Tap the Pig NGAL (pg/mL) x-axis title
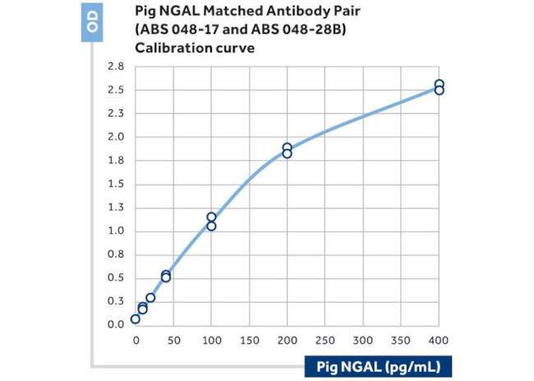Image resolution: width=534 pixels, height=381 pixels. click(380, 365)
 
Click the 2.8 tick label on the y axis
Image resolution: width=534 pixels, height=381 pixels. click(115, 67)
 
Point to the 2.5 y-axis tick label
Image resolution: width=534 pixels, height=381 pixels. click(115, 90)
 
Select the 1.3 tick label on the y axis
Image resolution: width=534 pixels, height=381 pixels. click(115, 208)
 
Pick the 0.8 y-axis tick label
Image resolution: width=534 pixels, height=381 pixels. click(115, 255)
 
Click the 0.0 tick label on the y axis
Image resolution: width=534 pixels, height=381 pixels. click(115, 325)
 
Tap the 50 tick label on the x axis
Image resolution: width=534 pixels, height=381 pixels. click(173, 339)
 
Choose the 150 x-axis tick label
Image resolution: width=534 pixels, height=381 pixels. click(249, 339)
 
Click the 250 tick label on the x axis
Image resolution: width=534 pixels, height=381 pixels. click(325, 339)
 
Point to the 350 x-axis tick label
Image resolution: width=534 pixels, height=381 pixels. click(400, 339)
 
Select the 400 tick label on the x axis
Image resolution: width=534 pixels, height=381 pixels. click(438, 339)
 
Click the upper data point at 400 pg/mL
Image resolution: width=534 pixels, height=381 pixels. click(440, 84)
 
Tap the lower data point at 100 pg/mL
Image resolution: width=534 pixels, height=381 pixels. click(211, 226)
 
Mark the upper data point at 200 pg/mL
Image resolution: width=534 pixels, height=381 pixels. click(287, 148)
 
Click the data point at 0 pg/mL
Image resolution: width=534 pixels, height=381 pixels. click(136, 319)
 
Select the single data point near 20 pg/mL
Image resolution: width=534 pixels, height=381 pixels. click(150, 297)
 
